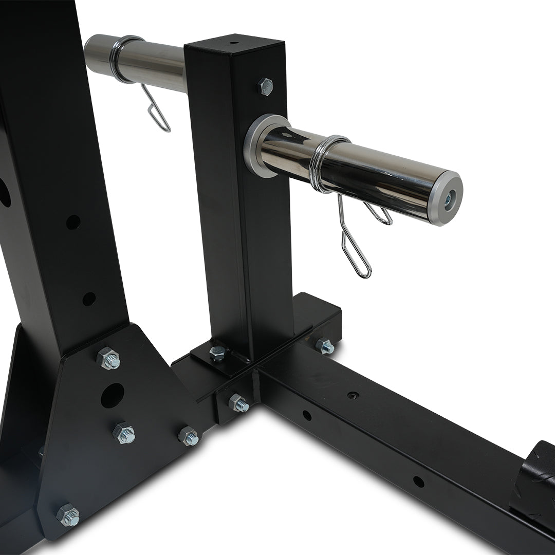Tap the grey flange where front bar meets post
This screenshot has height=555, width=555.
pyautogui.click(x=255, y=146)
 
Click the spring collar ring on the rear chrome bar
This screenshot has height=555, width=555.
pyautogui.click(x=121, y=59)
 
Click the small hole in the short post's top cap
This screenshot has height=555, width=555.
pyautogui.click(x=234, y=43)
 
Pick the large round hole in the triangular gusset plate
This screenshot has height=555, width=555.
pyautogui.click(x=113, y=395)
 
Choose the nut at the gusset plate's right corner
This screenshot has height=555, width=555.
pyautogui.click(x=189, y=436)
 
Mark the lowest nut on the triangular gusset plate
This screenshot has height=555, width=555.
pyautogui.click(x=68, y=514)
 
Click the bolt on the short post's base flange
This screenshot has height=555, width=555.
pyautogui.click(x=218, y=353)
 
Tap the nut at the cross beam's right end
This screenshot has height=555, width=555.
pyautogui.click(x=325, y=346)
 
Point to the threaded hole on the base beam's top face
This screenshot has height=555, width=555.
pyautogui.click(x=353, y=395)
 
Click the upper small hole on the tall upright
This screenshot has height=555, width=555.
pyautogui.click(x=73, y=222)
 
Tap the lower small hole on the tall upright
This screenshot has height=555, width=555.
pyautogui.click(x=89, y=299)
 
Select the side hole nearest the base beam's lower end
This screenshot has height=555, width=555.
pyautogui.click(x=418, y=482)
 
